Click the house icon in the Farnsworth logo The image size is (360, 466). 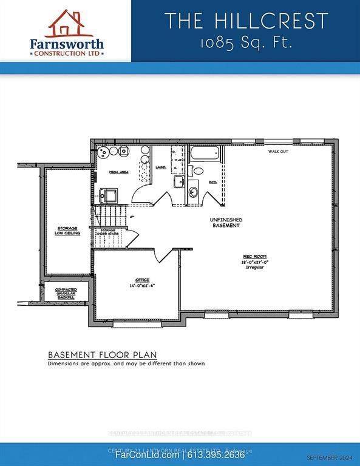[x=66, y=23]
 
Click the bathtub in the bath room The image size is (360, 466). [x=206, y=155]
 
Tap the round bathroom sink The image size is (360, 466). [x=194, y=192]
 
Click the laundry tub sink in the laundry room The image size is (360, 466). [x=178, y=182]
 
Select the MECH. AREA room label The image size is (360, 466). [x=118, y=172]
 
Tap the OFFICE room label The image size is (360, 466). [x=134, y=280]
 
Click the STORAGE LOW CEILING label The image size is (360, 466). [x=69, y=230]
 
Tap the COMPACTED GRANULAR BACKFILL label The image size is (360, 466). [x=66, y=294]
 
